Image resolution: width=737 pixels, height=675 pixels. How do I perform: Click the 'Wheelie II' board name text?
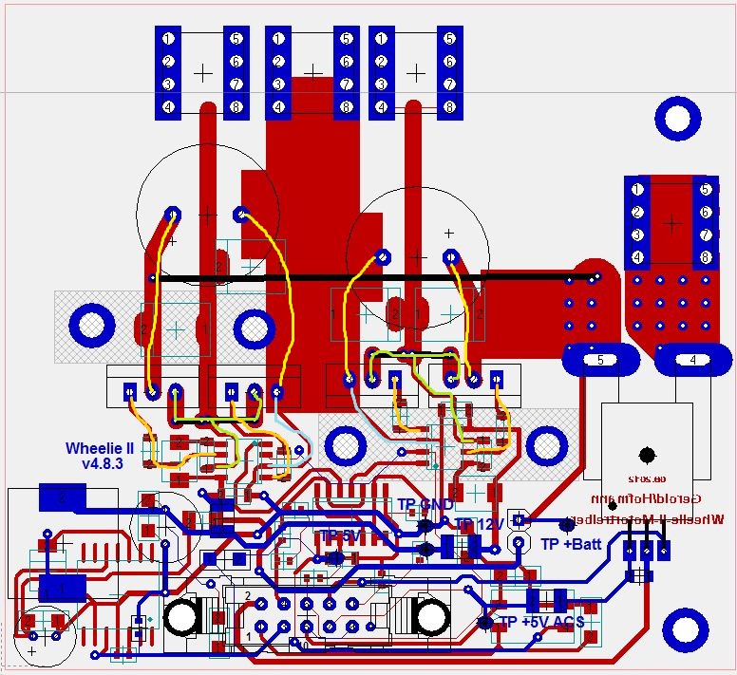coord(100,448)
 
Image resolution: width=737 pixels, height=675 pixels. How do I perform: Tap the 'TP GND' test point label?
coord(425,504)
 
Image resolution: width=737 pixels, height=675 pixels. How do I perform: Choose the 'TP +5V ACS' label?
coord(541,622)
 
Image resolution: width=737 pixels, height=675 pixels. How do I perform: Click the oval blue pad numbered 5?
coord(600,360)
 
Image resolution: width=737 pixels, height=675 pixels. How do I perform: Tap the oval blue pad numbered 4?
coord(692,360)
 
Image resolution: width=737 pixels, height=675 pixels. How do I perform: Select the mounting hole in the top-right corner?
coord(678,119)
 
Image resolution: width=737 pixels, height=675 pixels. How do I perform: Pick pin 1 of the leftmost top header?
coord(168,39)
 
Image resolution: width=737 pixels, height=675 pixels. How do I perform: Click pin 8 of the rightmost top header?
coord(448,107)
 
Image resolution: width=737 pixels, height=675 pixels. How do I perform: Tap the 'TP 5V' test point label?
coord(340,536)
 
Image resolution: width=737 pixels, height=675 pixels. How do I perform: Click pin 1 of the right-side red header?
coord(637,189)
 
